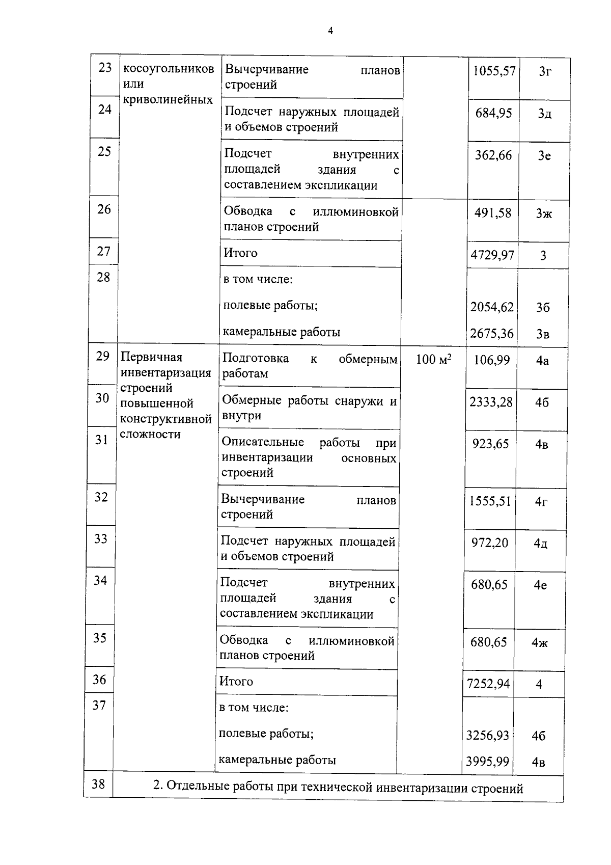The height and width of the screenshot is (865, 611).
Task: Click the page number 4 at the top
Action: point(330,31)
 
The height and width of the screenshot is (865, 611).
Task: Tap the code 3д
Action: point(544,114)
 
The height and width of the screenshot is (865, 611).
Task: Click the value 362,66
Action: point(493,155)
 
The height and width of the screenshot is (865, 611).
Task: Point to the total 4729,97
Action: point(492,255)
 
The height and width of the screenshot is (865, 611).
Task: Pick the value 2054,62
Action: point(492,307)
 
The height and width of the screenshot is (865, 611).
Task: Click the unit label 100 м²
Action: point(433,360)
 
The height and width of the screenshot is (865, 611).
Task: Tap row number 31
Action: point(102,440)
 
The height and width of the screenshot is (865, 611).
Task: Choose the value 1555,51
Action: point(490,501)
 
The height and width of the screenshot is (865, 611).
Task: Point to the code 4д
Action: point(541,544)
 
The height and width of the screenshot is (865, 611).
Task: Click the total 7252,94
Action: point(488,684)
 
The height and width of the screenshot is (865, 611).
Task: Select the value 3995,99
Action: point(487,762)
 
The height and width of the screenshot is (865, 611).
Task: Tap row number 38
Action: point(98,784)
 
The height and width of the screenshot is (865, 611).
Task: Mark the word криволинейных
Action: point(168,99)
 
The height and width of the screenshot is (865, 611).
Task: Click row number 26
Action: point(104,209)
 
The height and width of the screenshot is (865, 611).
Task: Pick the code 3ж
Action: point(544,214)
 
